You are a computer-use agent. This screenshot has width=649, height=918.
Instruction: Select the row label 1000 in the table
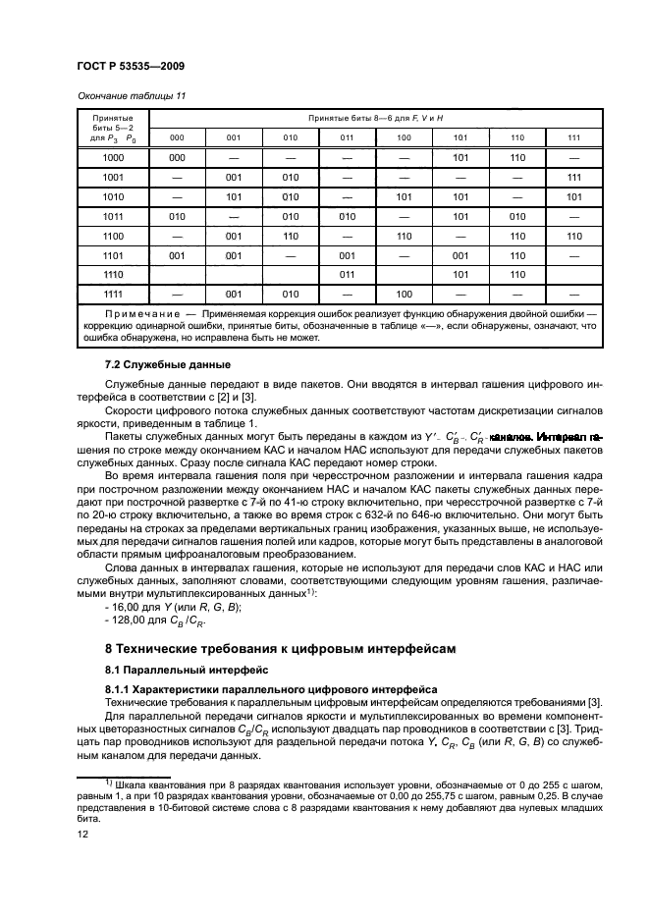(113, 157)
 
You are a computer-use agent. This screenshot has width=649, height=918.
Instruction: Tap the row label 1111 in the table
(113, 294)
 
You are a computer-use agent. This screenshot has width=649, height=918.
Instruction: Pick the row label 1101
(113, 254)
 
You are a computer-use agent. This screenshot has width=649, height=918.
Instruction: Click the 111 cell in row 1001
(574, 177)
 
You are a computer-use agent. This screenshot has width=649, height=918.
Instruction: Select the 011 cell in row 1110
(347, 274)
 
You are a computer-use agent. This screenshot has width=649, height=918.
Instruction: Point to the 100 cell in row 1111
(404, 294)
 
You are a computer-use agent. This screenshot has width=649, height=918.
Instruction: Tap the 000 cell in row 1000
(177, 157)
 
